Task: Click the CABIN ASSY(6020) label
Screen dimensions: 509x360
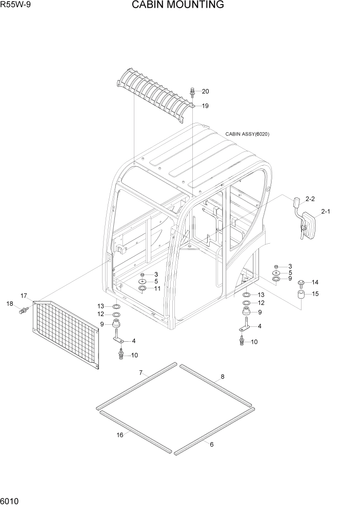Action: pyautogui.click(x=247, y=134)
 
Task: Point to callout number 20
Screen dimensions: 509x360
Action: pyautogui.click(x=205, y=92)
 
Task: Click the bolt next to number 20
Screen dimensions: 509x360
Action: pyautogui.click(x=192, y=92)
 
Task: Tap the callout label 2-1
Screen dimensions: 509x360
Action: pyautogui.click(x=326, y=211)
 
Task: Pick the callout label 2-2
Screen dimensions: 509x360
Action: pyautogui.click(x=310, y=198)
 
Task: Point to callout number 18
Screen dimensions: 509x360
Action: pyautogui.click(x=9, y=304)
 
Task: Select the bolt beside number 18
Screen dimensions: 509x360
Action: pyautogui.click(x=23, y=311)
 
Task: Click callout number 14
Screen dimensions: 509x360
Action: pyautogui.click(x=315, y=282)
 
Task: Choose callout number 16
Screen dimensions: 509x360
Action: pyautogui.click(x=119, y=435)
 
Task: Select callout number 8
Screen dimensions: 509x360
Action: pyautogui.click(x=222, y=377)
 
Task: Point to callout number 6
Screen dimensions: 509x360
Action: pyautogui.click(x=211, y=444)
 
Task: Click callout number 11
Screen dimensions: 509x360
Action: pyautogui.click(x=157, y=288)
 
